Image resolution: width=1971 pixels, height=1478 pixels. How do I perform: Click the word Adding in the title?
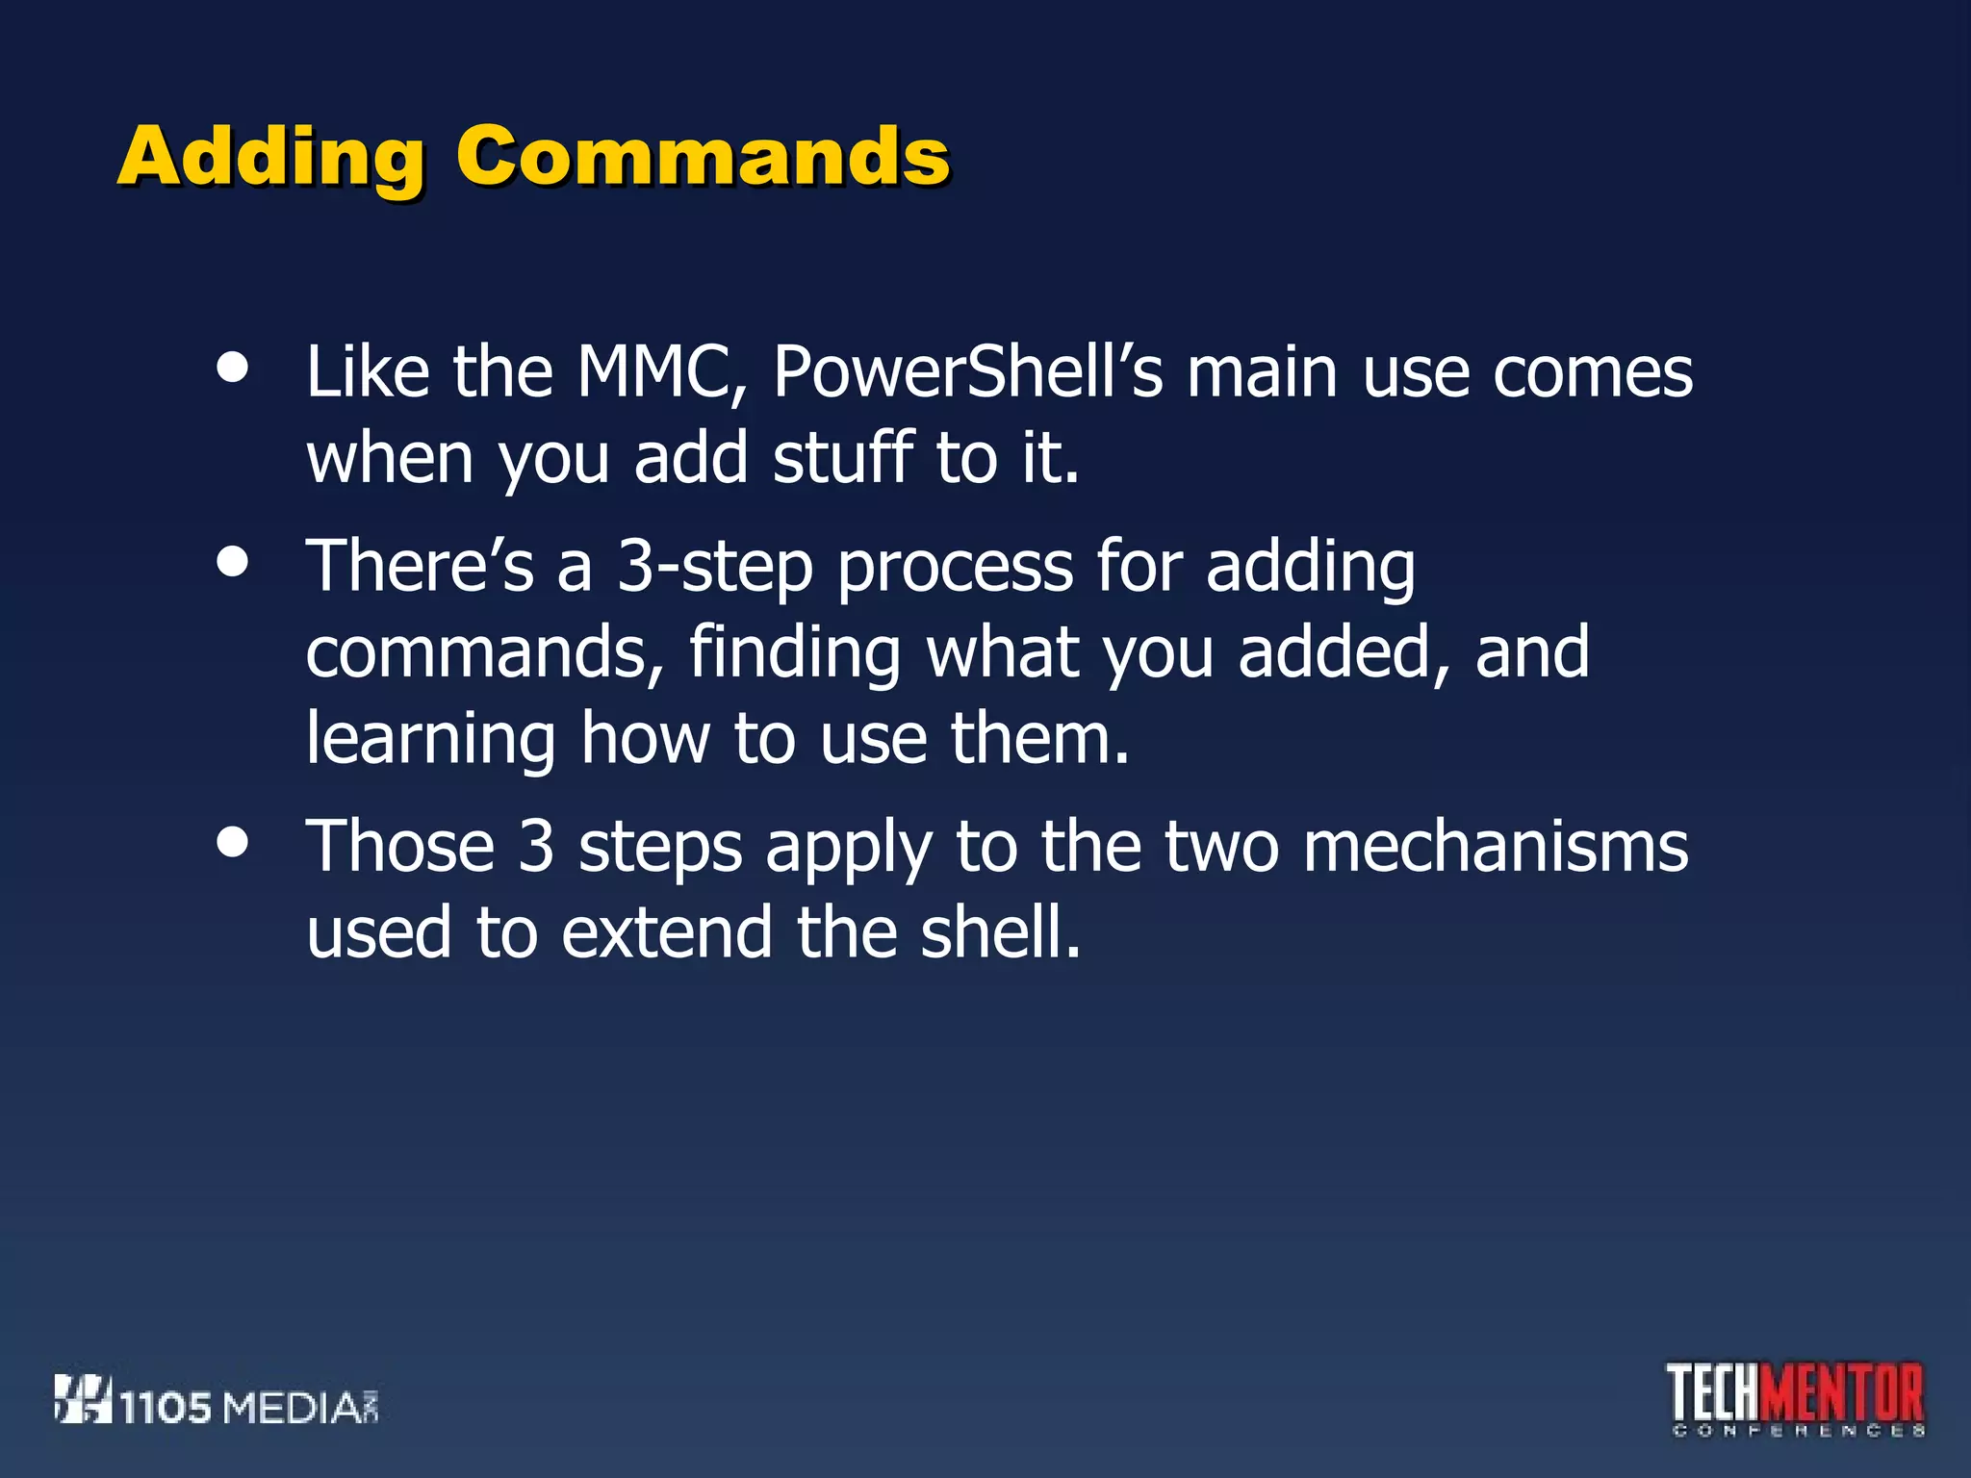coord(270,157)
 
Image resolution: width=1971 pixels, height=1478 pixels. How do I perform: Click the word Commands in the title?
coord(703,157)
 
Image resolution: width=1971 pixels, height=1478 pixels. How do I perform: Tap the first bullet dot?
coord(233,368)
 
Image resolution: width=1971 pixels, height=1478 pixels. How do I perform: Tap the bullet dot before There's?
coord(233,562)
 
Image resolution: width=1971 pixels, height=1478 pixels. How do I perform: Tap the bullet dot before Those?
coord(233,842)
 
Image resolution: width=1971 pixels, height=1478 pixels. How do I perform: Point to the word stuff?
coord(843,458)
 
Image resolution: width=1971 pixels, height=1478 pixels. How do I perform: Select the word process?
coord(955,568)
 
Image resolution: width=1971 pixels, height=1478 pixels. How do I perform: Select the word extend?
coord(667,933)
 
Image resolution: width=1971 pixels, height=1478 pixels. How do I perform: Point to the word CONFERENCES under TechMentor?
coord(1798,1432)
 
